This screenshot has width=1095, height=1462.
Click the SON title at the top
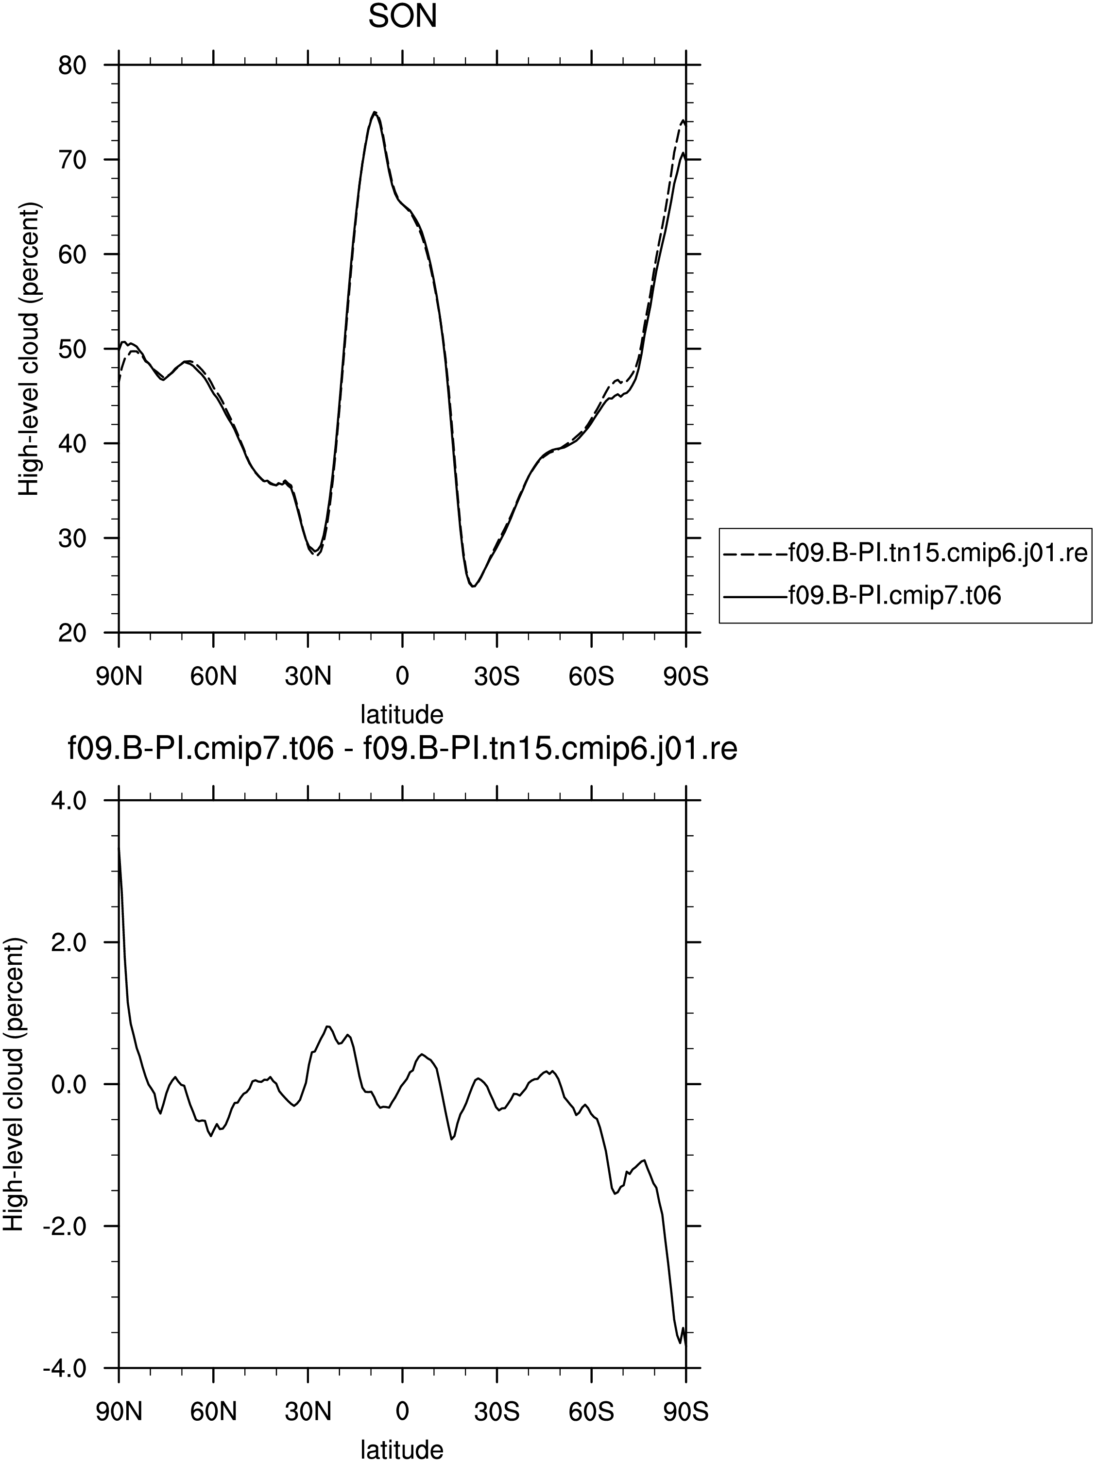pyautogui.click(x=402, y=17)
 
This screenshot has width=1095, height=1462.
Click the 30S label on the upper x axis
pyautogui.click(x=496, y=677)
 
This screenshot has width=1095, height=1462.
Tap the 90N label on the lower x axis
pyautogui.click(x=119, y=1412)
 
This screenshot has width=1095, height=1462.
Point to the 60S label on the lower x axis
pyautogui.click(x=591, y=1412)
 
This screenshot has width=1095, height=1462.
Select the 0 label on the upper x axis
pyautogui.click(x=402, y=677)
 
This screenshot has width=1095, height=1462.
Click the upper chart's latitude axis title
pyautogui.click(x=402, y=714)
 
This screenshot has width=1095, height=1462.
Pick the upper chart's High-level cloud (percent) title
pyautogui.click(x=29, y=349)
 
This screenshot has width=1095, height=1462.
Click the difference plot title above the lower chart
pyautogui.click(x=402, y=750)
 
